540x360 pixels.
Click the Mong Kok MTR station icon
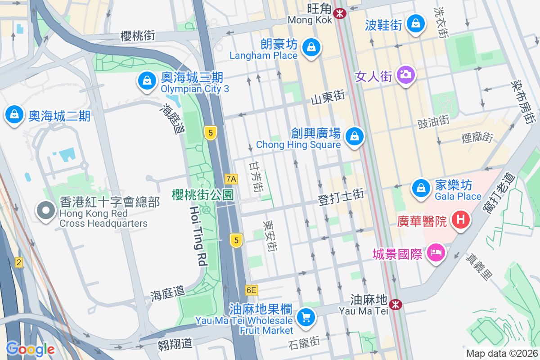pyautogui.click(x=340, y=13)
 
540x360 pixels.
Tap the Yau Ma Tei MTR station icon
pyautogui.click(x=396, y=305)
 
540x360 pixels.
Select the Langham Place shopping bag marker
pyautogui.click(x=310, y=47)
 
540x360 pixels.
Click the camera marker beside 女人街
pyautogui.click(x=406, y=74)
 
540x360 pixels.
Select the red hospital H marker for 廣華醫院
pyautogui.click(x=461, y=220)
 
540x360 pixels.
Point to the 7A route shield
pyautogui.click(x=231, y=179)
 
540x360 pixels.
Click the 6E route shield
pyautogui.click(x=252, y=290)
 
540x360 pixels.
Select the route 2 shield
pyautogui.click(x=18, y=262)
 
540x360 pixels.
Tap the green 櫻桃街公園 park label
pyautogui.click(x=202, y=195)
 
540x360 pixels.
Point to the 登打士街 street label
pyautogui.click(x=341, y=197)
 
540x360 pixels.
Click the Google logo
pyautogui.click(x=30, y=349)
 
